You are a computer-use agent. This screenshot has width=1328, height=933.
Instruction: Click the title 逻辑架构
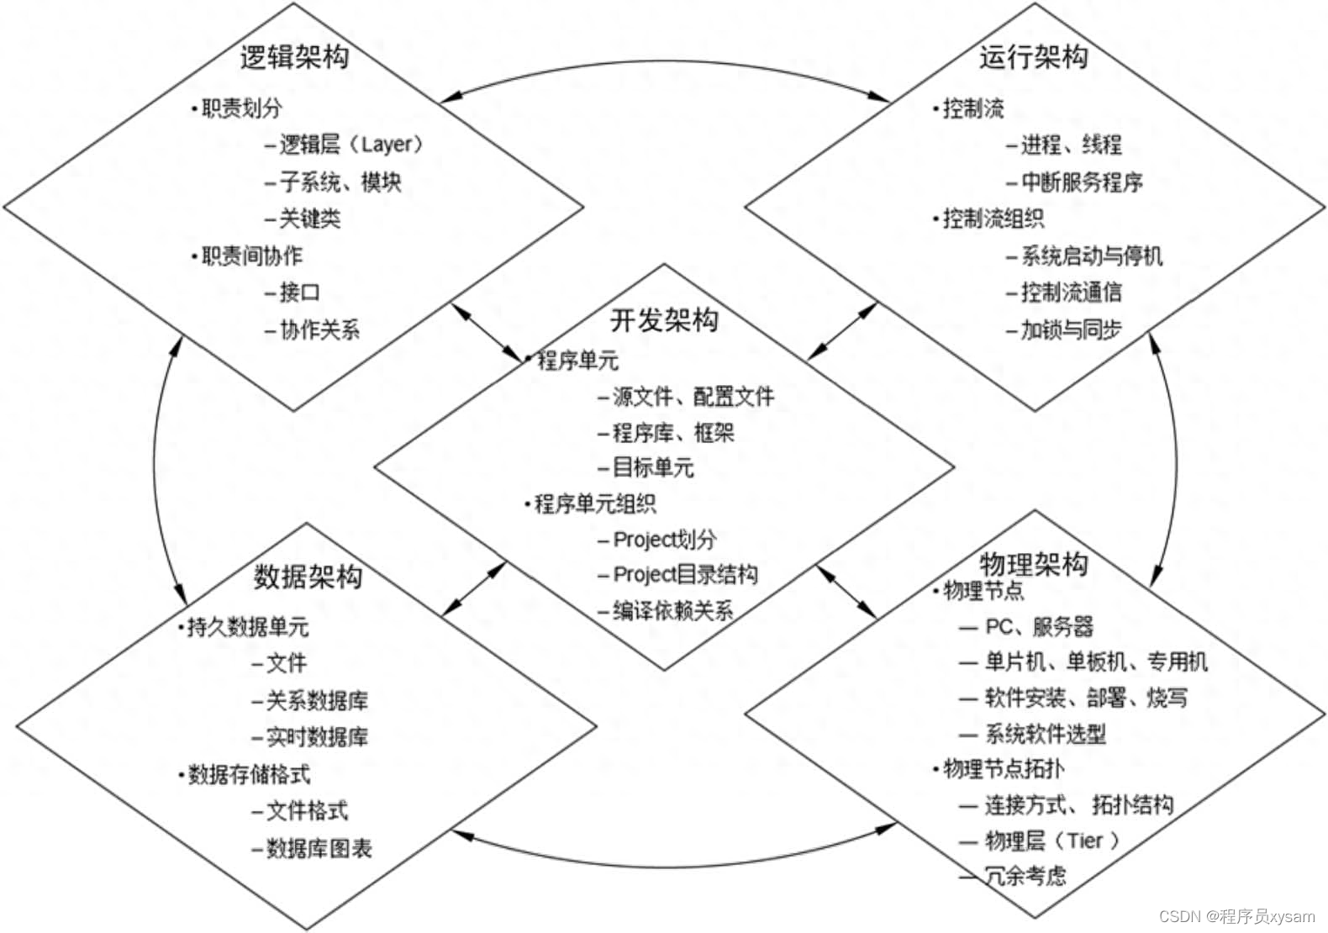tap(294, 57)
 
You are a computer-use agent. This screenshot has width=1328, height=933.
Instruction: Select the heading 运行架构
tap(1033, 57)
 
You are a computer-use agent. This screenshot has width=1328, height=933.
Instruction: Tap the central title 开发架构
tap(664, 320)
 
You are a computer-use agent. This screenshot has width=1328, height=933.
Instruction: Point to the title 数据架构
tap(308, 577)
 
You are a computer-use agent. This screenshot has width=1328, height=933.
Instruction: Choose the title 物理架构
tap(1033, 563)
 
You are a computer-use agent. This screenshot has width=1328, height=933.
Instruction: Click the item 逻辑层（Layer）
tap(350, 145)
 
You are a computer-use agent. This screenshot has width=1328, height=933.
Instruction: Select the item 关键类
tap(309, 219)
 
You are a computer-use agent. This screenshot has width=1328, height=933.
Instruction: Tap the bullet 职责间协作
tap(251, 256)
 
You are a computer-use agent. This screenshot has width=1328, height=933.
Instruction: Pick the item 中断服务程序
tap(1081, 182)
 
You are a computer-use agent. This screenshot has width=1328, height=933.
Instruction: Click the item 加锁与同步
tap(1071, 329)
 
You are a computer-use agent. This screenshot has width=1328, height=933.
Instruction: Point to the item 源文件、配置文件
tap(693, 396)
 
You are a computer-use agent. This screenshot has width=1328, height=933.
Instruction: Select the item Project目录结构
tap(685, 574)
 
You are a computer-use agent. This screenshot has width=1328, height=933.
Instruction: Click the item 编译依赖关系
tap(672, 610)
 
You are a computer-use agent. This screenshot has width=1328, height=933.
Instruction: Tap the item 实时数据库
tap(317, 737)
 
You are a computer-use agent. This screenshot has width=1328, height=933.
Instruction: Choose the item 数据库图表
tap(319, 848)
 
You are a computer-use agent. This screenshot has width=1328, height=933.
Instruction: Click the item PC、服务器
tap(1039, 626)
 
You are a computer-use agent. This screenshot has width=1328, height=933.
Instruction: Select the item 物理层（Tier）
tap(1051, 841)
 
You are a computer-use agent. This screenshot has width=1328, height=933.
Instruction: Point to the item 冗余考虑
tap(1025, 876)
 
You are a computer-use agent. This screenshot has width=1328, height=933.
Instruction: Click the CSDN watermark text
tap(1237, 915)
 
